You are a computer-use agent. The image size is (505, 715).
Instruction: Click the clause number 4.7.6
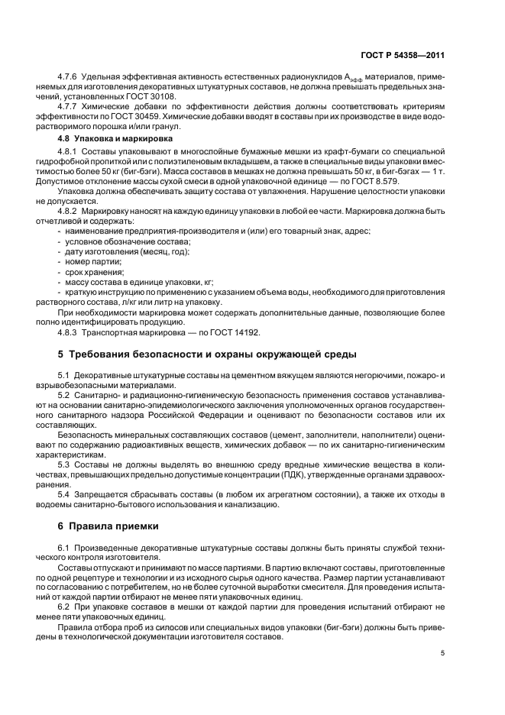[x=70, y=79]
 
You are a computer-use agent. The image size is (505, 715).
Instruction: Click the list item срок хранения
[x=95, y=272]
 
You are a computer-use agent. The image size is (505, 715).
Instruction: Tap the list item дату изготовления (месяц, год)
[x=127, y=251]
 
